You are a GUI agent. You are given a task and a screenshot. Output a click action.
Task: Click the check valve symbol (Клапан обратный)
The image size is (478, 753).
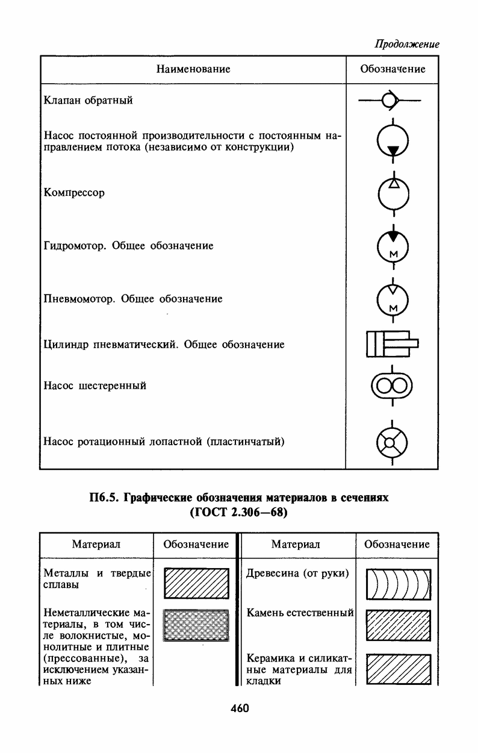point(390,100)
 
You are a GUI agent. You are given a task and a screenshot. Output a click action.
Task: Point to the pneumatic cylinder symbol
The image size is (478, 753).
point(393,343)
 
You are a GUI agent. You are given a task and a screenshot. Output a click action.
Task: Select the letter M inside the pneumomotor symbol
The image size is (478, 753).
point(393,308)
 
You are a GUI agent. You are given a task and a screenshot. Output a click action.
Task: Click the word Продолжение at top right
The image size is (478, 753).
point(407,44)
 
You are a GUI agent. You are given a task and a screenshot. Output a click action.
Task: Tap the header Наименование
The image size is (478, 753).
point(193,69)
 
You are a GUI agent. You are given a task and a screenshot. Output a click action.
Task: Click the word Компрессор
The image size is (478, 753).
point(74,193)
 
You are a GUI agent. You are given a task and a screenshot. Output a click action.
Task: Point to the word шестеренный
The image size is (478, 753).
point(113,386)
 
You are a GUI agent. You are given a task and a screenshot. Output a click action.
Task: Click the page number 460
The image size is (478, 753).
point(240,708)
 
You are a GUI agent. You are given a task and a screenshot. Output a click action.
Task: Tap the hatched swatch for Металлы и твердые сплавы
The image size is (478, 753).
point(196,583)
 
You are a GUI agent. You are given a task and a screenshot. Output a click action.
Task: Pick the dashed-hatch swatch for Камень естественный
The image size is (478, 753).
point(398,626)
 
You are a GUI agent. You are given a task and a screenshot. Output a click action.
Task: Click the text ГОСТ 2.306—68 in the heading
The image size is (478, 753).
point(239,513)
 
